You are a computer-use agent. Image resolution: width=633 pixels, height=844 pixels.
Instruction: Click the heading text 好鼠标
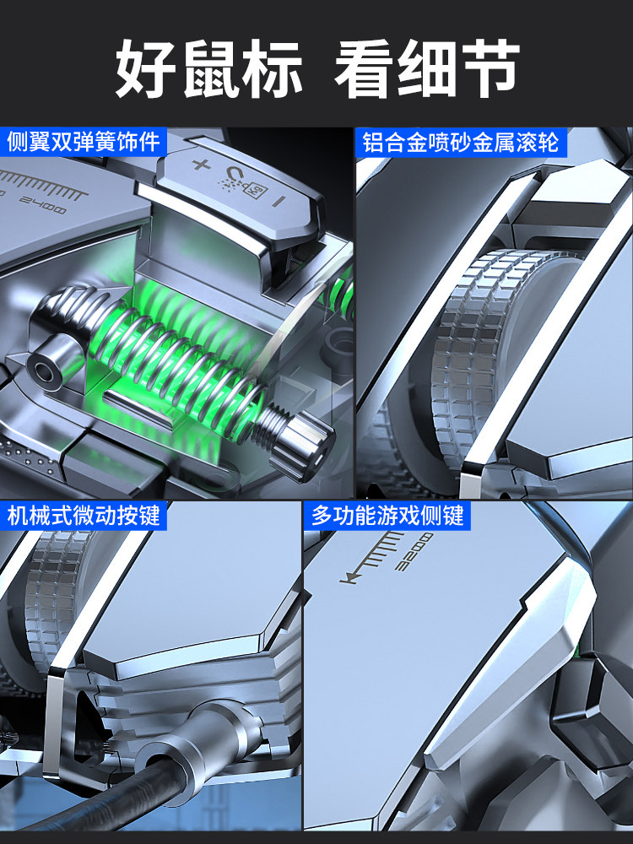(208, 68)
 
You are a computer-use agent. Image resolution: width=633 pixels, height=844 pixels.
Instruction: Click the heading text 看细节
(427, 68)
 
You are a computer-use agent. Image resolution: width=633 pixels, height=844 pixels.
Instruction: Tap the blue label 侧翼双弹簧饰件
(84, 142)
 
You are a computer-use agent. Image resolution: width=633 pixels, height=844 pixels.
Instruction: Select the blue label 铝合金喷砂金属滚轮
(460, 143)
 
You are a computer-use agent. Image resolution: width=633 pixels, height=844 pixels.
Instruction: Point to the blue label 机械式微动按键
(84, 516)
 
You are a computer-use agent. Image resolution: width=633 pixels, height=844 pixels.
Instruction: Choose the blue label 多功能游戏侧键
(387, 516)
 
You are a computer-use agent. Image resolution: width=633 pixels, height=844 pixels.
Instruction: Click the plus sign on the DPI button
(202, 165)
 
